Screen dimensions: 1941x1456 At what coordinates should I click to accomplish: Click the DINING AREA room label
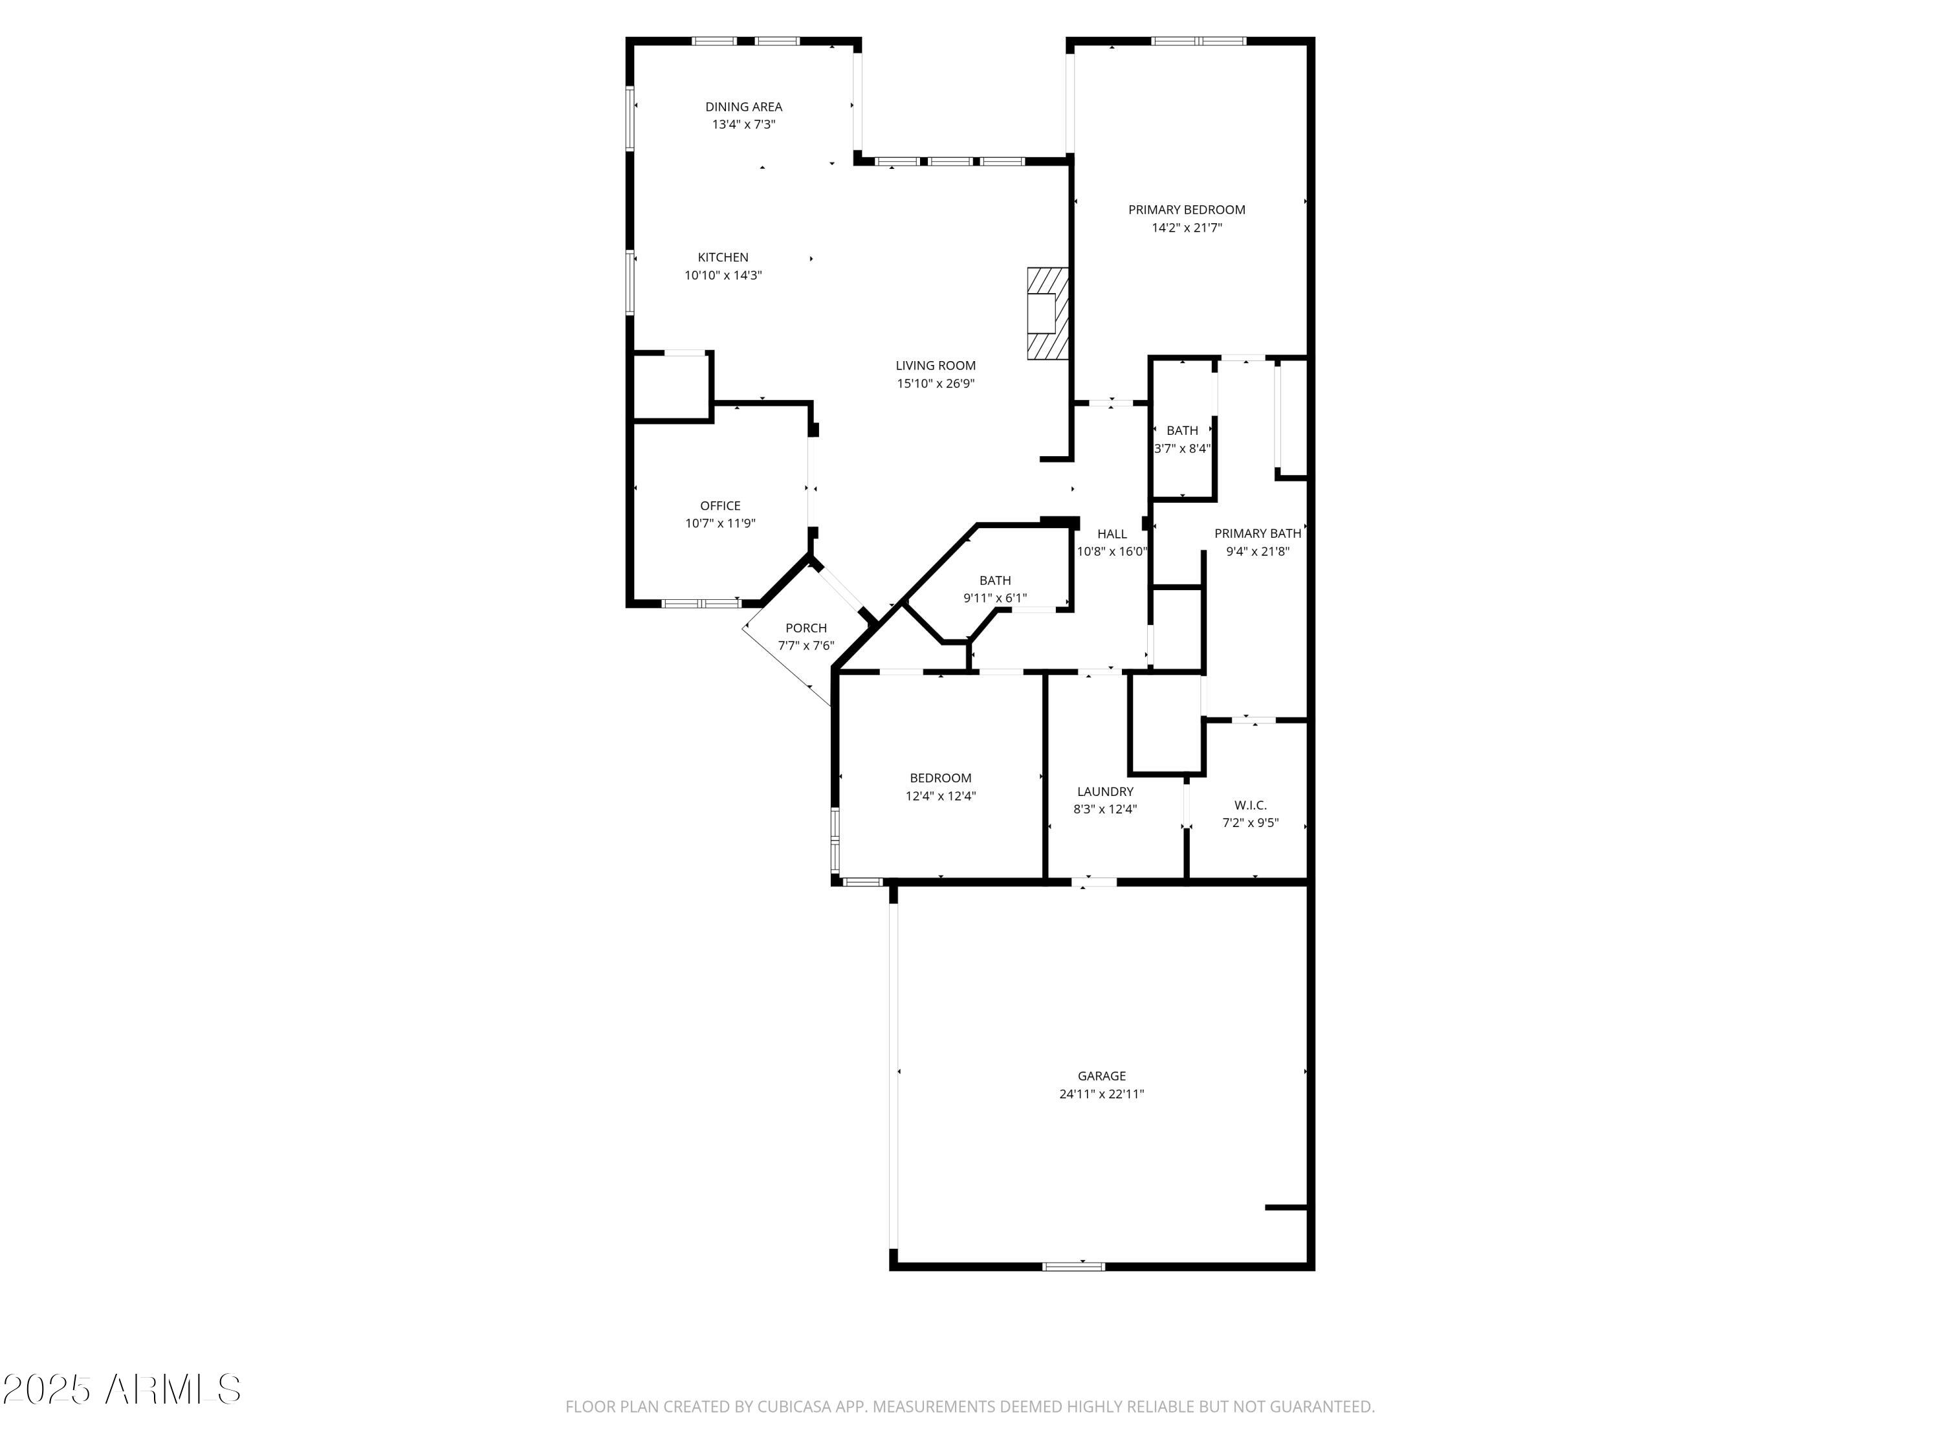743,107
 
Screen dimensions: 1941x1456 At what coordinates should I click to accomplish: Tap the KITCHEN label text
723,257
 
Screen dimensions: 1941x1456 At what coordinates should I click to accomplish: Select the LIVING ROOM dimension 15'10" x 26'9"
936,384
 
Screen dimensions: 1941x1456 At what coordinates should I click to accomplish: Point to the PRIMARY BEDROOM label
1187,210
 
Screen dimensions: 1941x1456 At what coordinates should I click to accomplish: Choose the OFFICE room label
720,505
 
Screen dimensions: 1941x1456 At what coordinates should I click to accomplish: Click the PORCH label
806,628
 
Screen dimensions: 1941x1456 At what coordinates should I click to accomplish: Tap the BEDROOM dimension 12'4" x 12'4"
941,796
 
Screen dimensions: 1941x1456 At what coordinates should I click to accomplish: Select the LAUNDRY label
1105,791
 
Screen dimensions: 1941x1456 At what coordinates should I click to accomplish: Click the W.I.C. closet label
1251,805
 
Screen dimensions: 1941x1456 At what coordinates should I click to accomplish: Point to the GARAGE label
1101,1076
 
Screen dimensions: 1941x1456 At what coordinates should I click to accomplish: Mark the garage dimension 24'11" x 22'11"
1101,1094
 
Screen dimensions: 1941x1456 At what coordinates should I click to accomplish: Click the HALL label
1112,534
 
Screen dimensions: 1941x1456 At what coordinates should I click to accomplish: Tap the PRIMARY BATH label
1257,534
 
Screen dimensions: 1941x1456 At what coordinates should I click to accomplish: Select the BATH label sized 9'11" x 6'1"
995,580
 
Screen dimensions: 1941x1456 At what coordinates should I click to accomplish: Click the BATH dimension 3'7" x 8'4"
1182,448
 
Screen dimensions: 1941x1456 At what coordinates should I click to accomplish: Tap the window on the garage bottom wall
1073,1266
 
